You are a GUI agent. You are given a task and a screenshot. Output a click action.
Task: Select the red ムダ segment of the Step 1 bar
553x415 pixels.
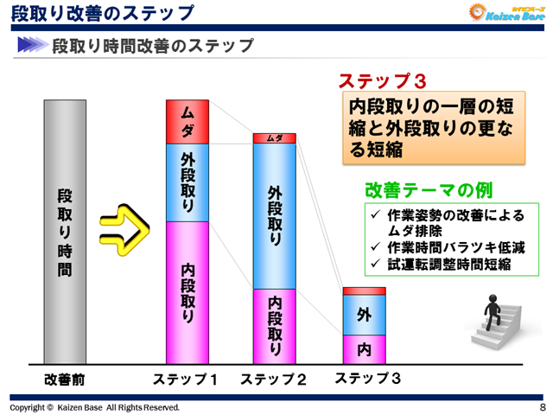coord(188,122)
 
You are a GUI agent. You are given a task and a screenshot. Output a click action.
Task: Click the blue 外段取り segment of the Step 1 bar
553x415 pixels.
coord(188,182)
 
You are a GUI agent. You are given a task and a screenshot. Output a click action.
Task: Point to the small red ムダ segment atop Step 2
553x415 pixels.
coord(275,137)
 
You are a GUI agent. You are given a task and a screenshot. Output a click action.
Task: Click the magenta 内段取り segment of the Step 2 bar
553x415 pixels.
coord(275,325)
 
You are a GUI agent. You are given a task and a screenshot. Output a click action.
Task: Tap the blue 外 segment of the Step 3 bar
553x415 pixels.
coord(364,316)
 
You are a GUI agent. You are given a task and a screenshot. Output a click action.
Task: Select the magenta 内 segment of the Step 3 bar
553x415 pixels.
coord(364,348)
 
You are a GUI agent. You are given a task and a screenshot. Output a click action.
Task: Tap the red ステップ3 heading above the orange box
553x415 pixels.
coord(383,81)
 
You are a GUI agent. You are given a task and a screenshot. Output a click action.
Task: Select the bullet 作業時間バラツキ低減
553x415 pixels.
coord(449,248)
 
